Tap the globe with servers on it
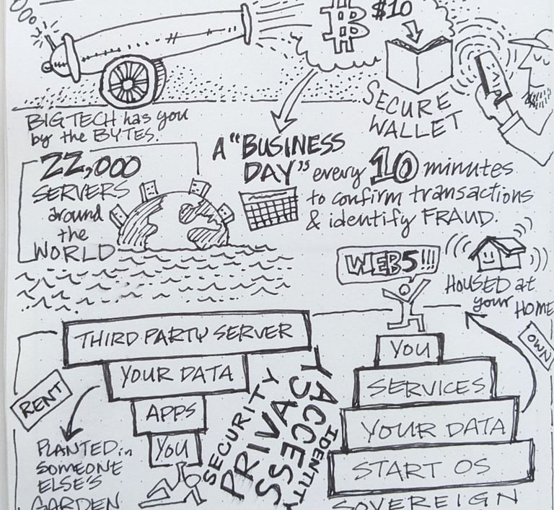[173, 219]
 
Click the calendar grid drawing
[270, 208]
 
